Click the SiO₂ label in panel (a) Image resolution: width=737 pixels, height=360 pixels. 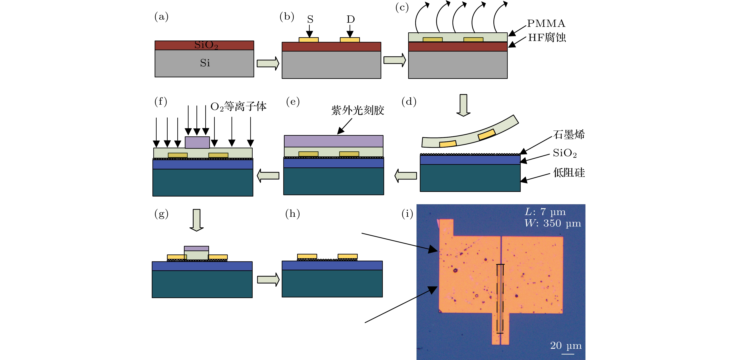click(x=206, y=45)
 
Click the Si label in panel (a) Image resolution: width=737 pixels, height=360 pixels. click(x=205, y=63)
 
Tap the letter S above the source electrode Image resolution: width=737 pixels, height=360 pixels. click(x=310, y=19)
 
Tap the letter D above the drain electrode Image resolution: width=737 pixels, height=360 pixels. click(x=350, y=19)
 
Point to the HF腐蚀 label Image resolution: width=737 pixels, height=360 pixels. click(x=547, y=37)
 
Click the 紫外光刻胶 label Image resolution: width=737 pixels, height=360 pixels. click(x=358, y=110)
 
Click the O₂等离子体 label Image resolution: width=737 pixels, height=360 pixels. click(x=238, y=106)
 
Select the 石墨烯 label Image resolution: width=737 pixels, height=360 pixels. click(x=569, y=134)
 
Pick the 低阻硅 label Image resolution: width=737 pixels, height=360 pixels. click(x=569, y=173)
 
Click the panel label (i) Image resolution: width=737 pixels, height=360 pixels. click(x=407, y=213)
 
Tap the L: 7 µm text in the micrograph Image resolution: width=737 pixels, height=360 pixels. click(x=545, y=212)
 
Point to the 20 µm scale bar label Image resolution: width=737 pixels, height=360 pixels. click(x=566, y=345)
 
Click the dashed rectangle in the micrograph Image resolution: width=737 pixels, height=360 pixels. click(x=497, y=299)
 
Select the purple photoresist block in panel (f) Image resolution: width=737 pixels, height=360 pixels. click(x=197, y=143)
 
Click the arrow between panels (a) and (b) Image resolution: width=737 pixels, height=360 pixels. click(x=268, y=63)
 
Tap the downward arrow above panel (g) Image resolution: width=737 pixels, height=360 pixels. click(x=196, y=220)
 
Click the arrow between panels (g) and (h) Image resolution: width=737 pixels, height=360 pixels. click(x=268, y=280)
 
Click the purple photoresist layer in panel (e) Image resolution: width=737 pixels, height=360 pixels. click(x=334, y=141)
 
